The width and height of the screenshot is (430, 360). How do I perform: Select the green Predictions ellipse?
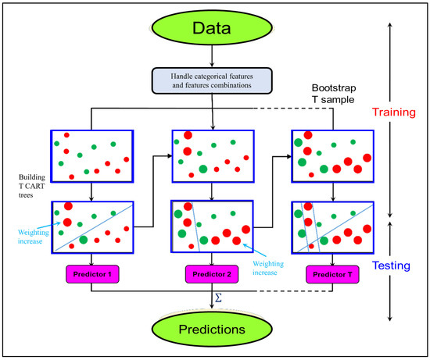coord(213,330)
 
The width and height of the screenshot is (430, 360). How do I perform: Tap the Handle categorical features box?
coord(213,81)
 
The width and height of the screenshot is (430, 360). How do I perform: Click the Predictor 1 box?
coord(92,275)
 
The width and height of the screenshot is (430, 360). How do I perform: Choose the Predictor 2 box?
coord(211,275)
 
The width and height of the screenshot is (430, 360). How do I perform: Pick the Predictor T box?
coord(329,275)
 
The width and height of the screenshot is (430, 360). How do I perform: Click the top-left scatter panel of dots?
coord(91,156)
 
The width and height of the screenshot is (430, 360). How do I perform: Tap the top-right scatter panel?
coord(331,156)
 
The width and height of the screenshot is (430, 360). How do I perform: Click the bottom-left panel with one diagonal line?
coord(91,227)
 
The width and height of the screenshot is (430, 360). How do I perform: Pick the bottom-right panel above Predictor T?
coord(331,227)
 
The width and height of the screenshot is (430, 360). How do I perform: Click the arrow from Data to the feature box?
coord(213,60)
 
